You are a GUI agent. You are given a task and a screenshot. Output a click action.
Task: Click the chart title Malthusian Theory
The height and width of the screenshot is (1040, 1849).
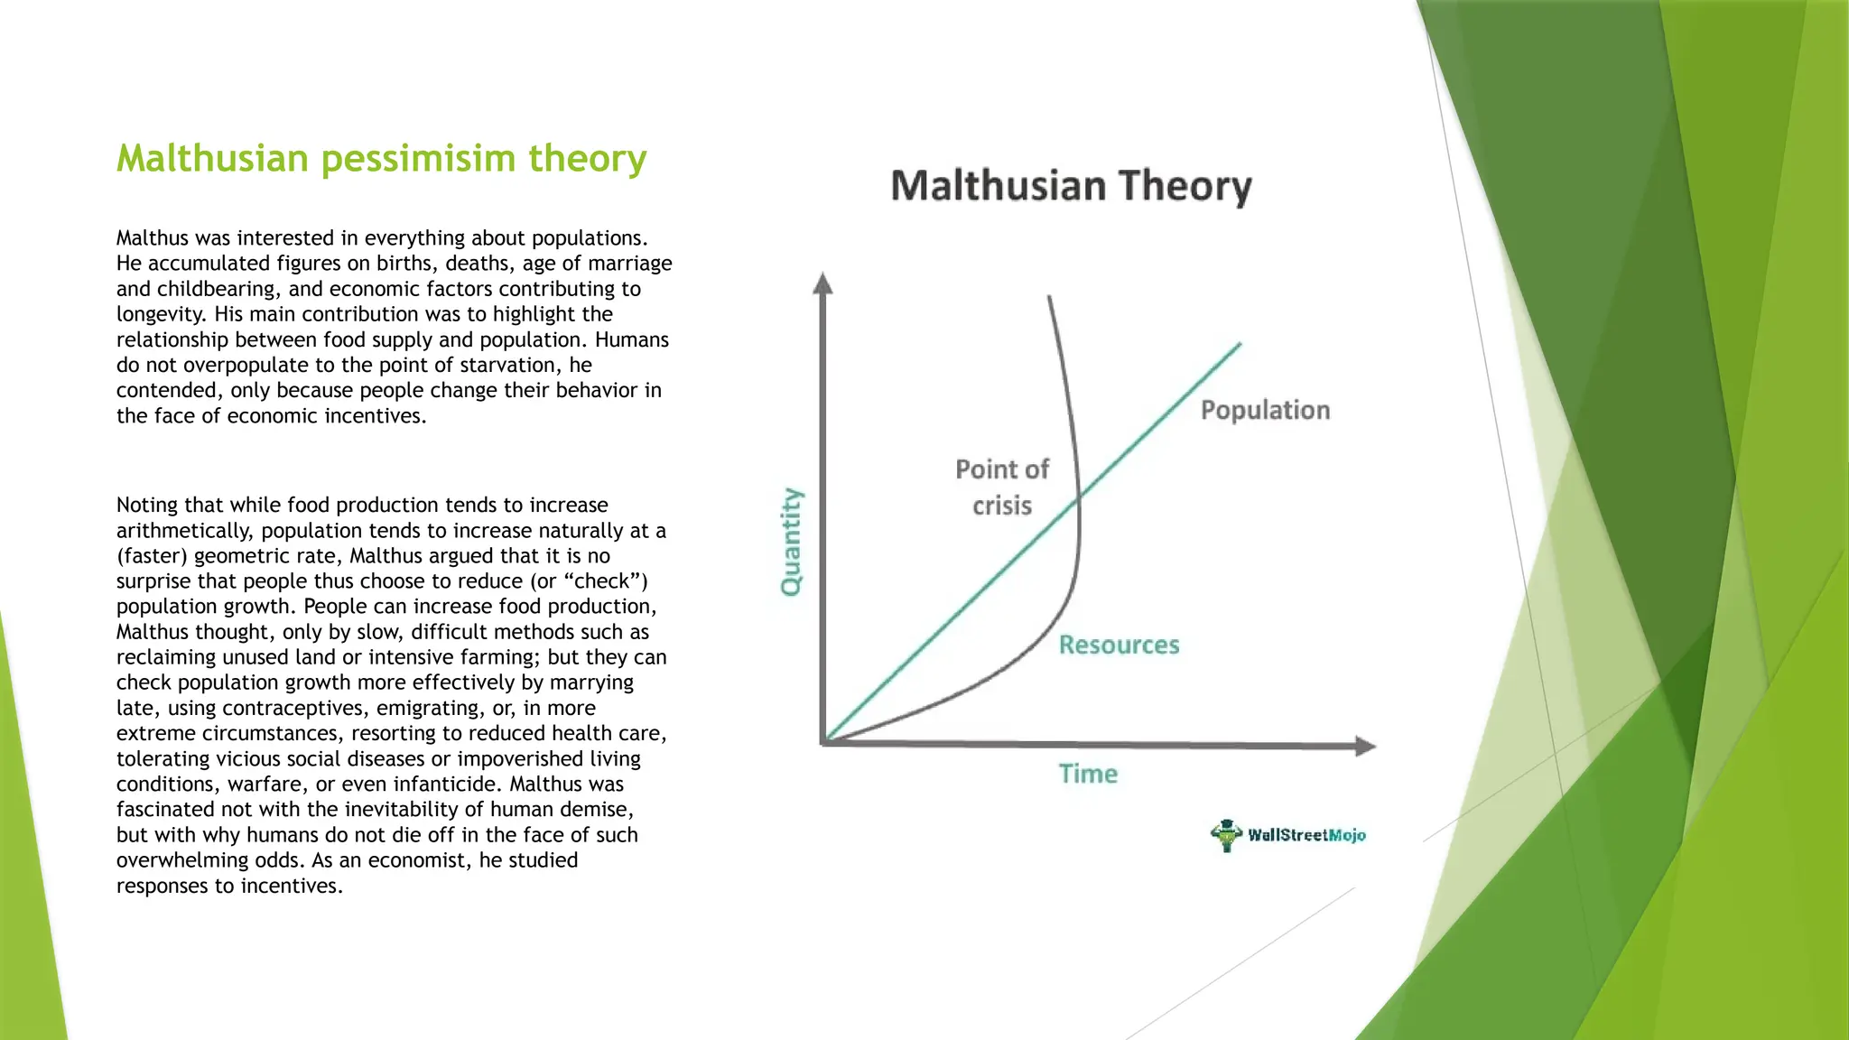pos(1071,186)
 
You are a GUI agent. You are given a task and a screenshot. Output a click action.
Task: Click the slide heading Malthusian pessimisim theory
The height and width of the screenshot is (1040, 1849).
pos(381,158)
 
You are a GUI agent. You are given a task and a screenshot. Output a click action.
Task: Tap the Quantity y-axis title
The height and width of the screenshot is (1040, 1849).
pos(791,542)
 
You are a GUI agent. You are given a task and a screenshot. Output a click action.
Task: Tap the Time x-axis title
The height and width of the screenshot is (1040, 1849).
pos(1088,774)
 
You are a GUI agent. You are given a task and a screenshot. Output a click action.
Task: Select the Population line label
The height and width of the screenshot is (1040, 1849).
pos(1265,410)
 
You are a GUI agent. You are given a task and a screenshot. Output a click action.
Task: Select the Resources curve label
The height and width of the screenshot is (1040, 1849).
pos(1119,645)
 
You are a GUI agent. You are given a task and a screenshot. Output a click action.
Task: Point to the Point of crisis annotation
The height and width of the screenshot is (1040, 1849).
pos(1002,487)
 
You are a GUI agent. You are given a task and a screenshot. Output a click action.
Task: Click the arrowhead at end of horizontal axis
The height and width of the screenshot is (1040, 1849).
pos(1366,746)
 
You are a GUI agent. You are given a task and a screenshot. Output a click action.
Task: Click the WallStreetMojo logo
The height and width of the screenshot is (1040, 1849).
pos(1288,835)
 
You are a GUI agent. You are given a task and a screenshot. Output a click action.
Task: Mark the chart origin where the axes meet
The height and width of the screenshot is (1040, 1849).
pos(824,742)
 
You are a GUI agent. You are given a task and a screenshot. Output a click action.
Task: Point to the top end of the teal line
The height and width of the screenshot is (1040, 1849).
pos(1240,344)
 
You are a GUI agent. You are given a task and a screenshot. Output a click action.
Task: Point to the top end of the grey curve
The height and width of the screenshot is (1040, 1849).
pos(1049,297)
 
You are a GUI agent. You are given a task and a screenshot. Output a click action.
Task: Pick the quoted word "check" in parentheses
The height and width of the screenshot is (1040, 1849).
pos(606,581)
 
